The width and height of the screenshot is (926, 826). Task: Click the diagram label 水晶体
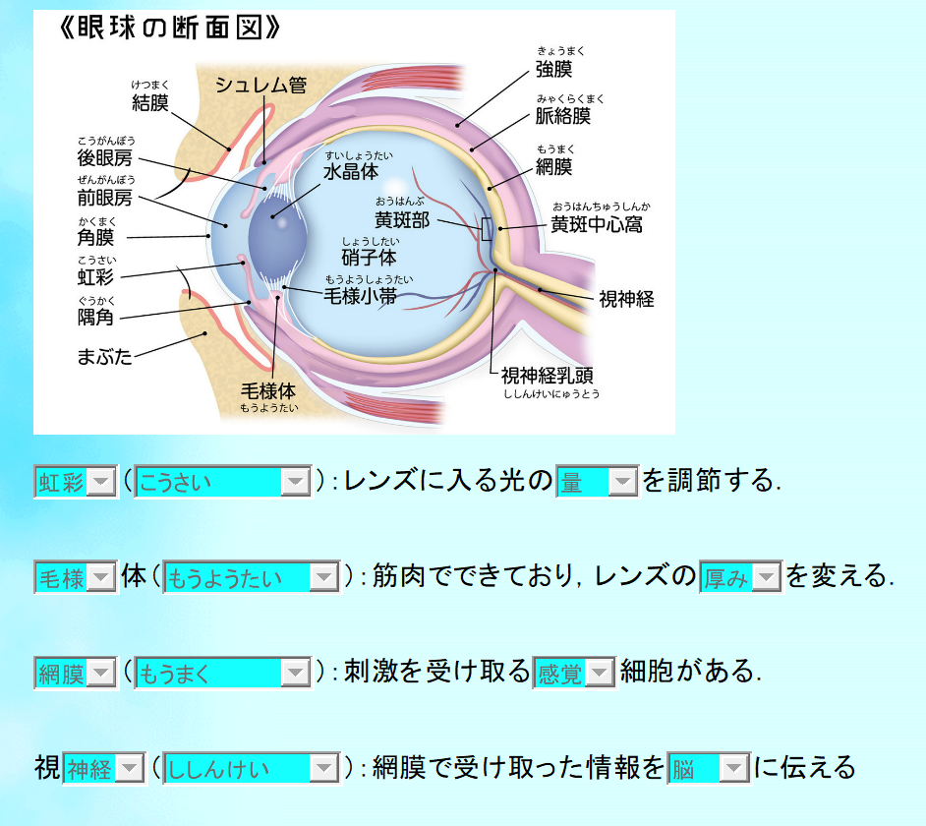coord(351,171)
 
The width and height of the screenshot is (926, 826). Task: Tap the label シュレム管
coord(260,86)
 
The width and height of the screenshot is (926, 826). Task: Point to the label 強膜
coord(553,69)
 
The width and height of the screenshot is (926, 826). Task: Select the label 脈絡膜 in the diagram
coord(563,116)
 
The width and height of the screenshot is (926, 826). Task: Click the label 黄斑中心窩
coord(597,224)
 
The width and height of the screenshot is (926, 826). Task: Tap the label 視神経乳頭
coord(547,375)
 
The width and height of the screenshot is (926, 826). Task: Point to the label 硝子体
coord(369,258)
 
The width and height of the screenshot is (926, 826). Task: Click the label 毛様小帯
coord(361,295)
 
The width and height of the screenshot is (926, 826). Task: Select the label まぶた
coord(104,356)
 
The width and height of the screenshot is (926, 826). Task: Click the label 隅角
coord(95,317)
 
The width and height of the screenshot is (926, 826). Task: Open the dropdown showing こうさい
coord(223,481)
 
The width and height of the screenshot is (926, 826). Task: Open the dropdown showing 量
coord(597,481)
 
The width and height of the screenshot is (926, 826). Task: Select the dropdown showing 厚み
coord(739,577)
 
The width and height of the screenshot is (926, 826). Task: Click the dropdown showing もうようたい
coord(251,577)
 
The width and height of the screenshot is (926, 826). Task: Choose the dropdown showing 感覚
coord(573,673)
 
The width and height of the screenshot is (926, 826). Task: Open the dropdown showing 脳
coord(708,768)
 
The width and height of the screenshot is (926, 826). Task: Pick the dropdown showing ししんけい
coord(251,768)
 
